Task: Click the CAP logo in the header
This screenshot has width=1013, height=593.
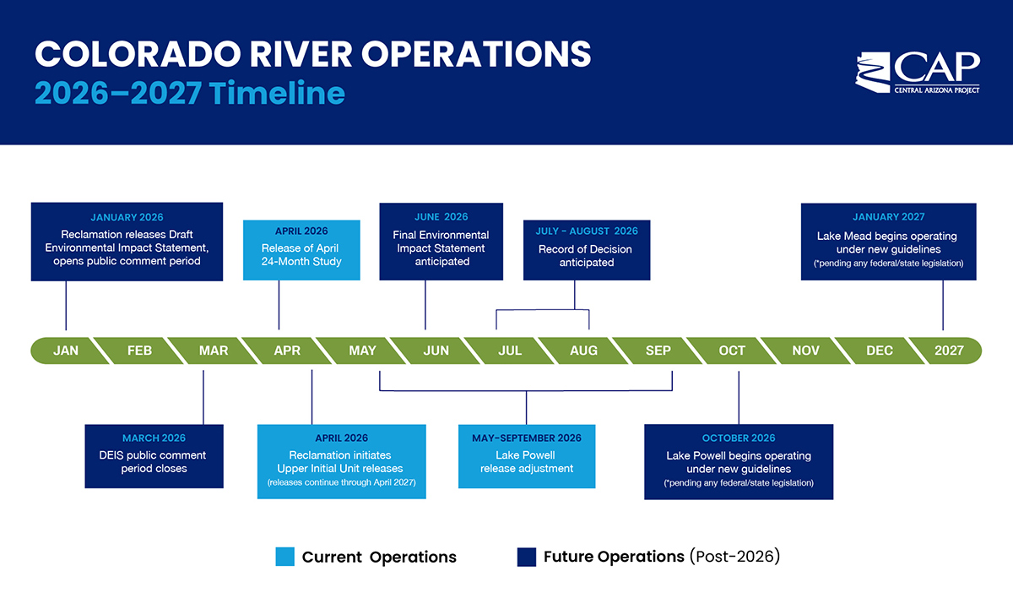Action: (x=918, y=73)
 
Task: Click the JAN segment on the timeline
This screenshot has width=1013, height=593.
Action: (x=65, y=351)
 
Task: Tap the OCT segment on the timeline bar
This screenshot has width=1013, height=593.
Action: (x=732, y=351)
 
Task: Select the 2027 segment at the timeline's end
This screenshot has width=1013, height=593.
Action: (x=948, y=351)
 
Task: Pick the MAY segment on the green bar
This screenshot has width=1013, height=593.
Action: (x=362, y=351)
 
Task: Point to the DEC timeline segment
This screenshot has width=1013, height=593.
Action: (x=879, y=351)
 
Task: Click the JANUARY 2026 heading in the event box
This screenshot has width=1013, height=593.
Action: (x=127, y=217)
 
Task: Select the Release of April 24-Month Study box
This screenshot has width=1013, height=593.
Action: (x=301, y=250)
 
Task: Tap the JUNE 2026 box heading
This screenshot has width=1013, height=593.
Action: (x=441, y=217)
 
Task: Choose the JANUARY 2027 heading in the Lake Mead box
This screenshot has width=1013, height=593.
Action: (x=888, y=217)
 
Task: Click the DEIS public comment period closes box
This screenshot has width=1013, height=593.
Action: (x=154, y=456)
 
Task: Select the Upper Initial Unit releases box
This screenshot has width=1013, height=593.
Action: (x=341, y=461)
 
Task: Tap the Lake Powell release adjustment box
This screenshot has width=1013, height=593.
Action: (x=527, y=456)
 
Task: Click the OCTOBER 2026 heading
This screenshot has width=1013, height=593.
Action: (x=738, y=438)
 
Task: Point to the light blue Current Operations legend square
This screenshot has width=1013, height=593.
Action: (x=284, y=557)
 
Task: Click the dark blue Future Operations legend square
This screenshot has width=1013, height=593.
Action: (x=526, y=557)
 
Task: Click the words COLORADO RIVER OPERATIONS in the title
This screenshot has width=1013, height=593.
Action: (x=312, y=54)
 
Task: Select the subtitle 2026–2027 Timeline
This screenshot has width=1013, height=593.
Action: (x=190, y=92)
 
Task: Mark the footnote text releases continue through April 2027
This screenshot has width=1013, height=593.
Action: (x=341, y=482)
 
